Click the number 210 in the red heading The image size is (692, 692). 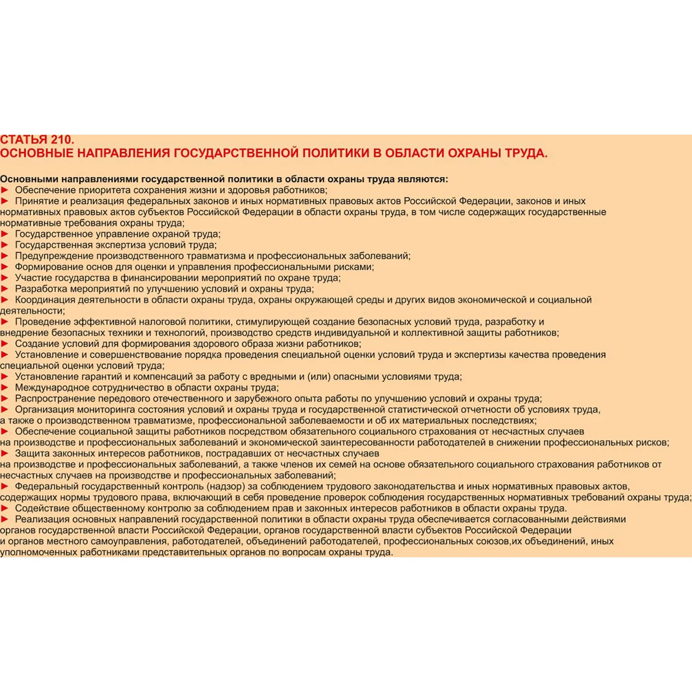62,140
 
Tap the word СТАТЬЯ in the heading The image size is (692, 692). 24,140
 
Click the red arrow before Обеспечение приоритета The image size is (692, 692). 5,190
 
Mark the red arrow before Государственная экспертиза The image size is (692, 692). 5,245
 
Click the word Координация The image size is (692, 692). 45,300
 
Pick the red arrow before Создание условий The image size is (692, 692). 5,344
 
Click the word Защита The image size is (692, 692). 32,453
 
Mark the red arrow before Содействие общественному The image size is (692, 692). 5,508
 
